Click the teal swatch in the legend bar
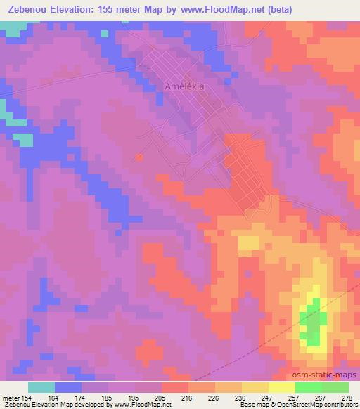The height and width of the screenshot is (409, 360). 41,387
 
